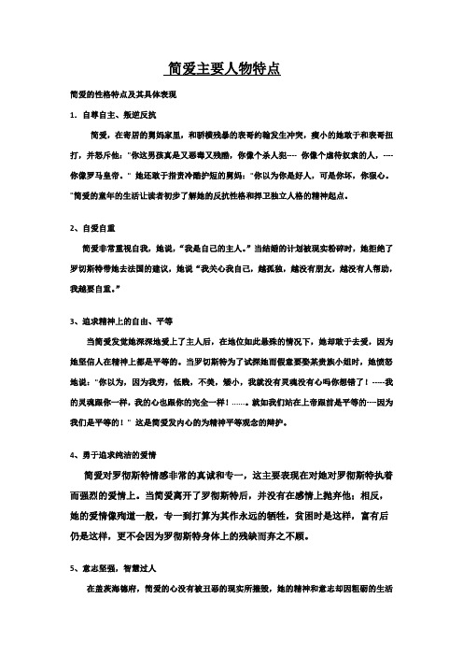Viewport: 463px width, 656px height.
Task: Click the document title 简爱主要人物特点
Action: (223, 70)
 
